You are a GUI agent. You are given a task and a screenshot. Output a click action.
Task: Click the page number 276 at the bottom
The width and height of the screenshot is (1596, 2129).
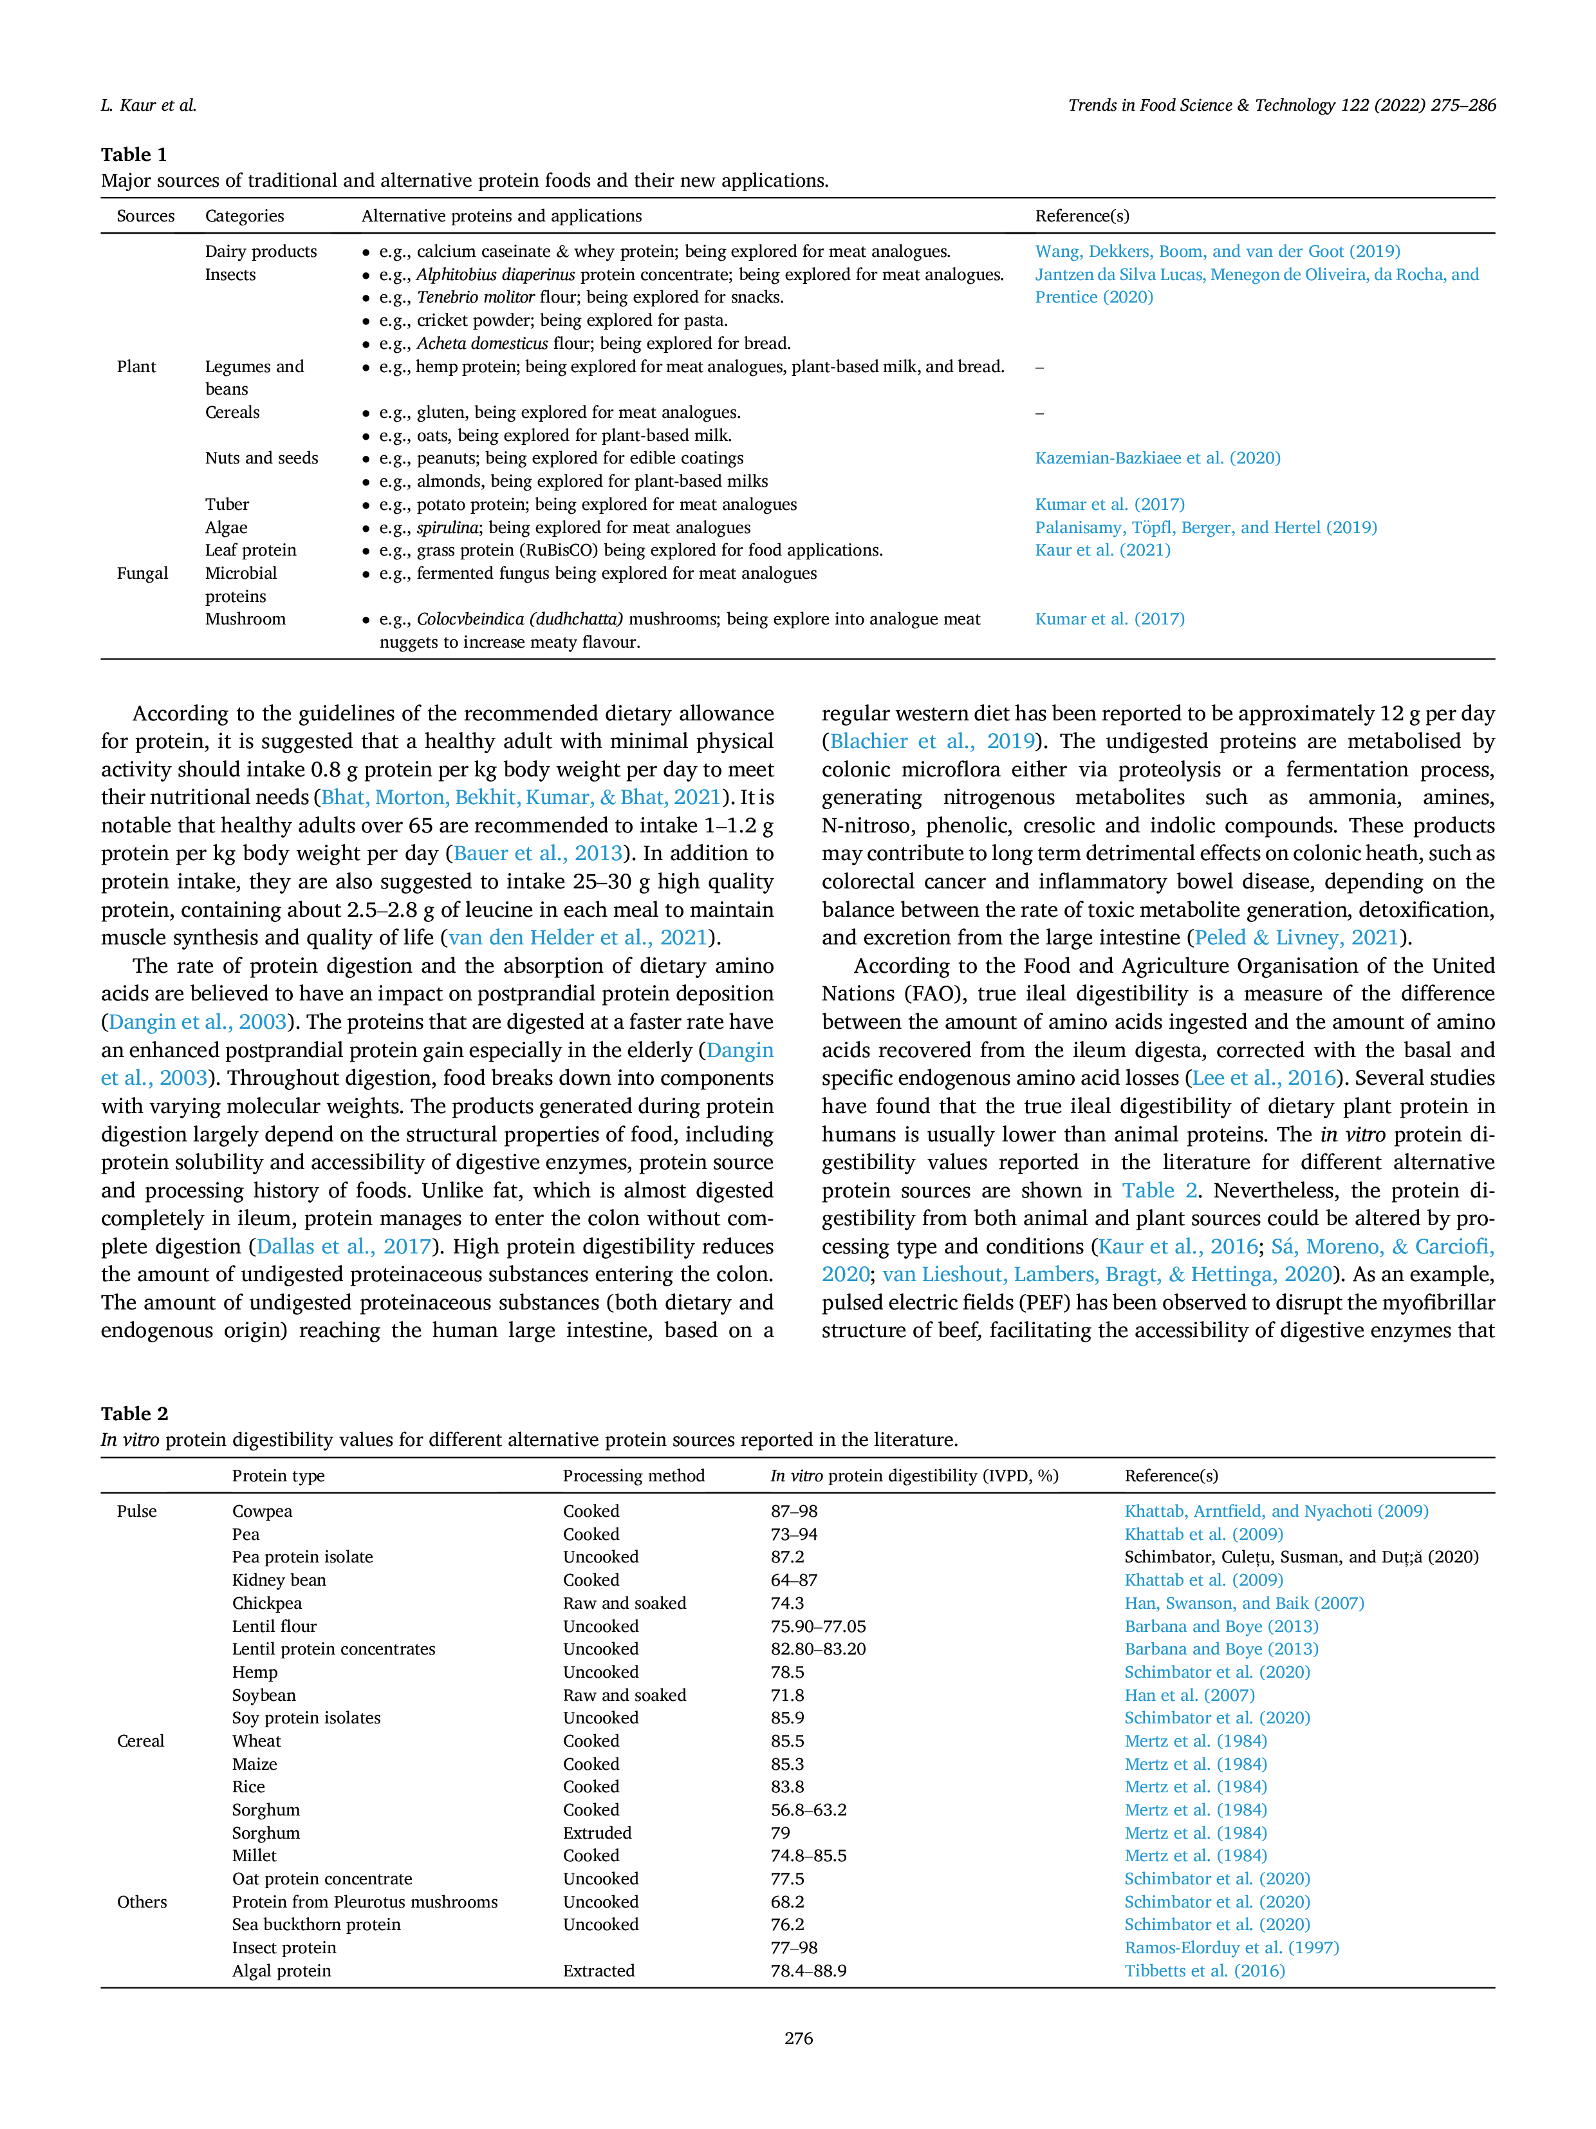(x=799, y=2038)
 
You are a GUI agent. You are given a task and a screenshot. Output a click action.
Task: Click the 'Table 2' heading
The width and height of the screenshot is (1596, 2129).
(x=134, y=1413)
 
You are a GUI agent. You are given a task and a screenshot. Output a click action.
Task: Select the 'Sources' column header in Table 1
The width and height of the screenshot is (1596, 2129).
(x=145, y=216)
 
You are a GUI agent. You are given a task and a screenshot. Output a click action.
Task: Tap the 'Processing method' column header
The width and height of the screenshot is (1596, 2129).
(x=633, y=1476)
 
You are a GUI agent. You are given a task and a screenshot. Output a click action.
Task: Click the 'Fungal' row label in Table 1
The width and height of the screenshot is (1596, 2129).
(x=142, y=573)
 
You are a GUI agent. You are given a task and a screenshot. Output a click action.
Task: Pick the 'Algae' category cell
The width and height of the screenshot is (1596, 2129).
(x=226, y=527)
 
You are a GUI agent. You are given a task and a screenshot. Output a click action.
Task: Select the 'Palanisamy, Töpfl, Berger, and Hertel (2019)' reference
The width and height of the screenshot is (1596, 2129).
(x=1205, y=527)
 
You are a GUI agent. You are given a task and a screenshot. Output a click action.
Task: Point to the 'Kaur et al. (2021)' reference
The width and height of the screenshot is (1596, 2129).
(x=1102, y=550)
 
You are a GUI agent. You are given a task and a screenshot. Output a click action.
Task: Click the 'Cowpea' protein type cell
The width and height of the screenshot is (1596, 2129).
(x=262, y=1511)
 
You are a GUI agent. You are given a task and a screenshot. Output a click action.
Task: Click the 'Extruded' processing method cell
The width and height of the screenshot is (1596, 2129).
(x=597, y=1833)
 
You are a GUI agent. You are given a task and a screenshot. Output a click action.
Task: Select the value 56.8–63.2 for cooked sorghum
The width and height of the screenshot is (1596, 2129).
(x=808, y=1810)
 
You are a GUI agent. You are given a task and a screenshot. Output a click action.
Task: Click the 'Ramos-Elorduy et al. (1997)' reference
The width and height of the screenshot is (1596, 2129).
(x=1231, y=1947)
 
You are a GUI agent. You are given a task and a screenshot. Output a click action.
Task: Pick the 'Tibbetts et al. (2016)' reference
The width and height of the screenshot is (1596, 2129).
(x=1205, y=1970)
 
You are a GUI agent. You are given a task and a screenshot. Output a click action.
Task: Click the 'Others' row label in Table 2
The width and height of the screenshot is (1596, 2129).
(x=142, y=1902)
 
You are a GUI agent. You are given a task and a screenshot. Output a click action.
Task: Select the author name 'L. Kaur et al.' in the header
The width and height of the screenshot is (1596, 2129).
(x=149, y=105)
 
